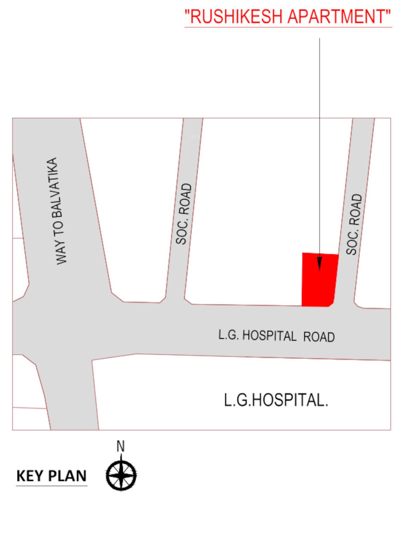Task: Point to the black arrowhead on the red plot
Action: coord(319,264)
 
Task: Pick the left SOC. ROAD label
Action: coord(183,214)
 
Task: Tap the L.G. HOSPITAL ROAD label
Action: coord(276,336)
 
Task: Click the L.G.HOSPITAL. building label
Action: coord(276,400)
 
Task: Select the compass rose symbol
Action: coord(121,475)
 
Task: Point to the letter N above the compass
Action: coord(121,446)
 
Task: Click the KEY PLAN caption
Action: coord(52,476)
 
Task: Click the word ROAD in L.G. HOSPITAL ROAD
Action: coord(319,337)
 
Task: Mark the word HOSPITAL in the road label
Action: coord(269,336)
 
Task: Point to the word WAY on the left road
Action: coord(62,253)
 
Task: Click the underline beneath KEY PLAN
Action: coord(52,485)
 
